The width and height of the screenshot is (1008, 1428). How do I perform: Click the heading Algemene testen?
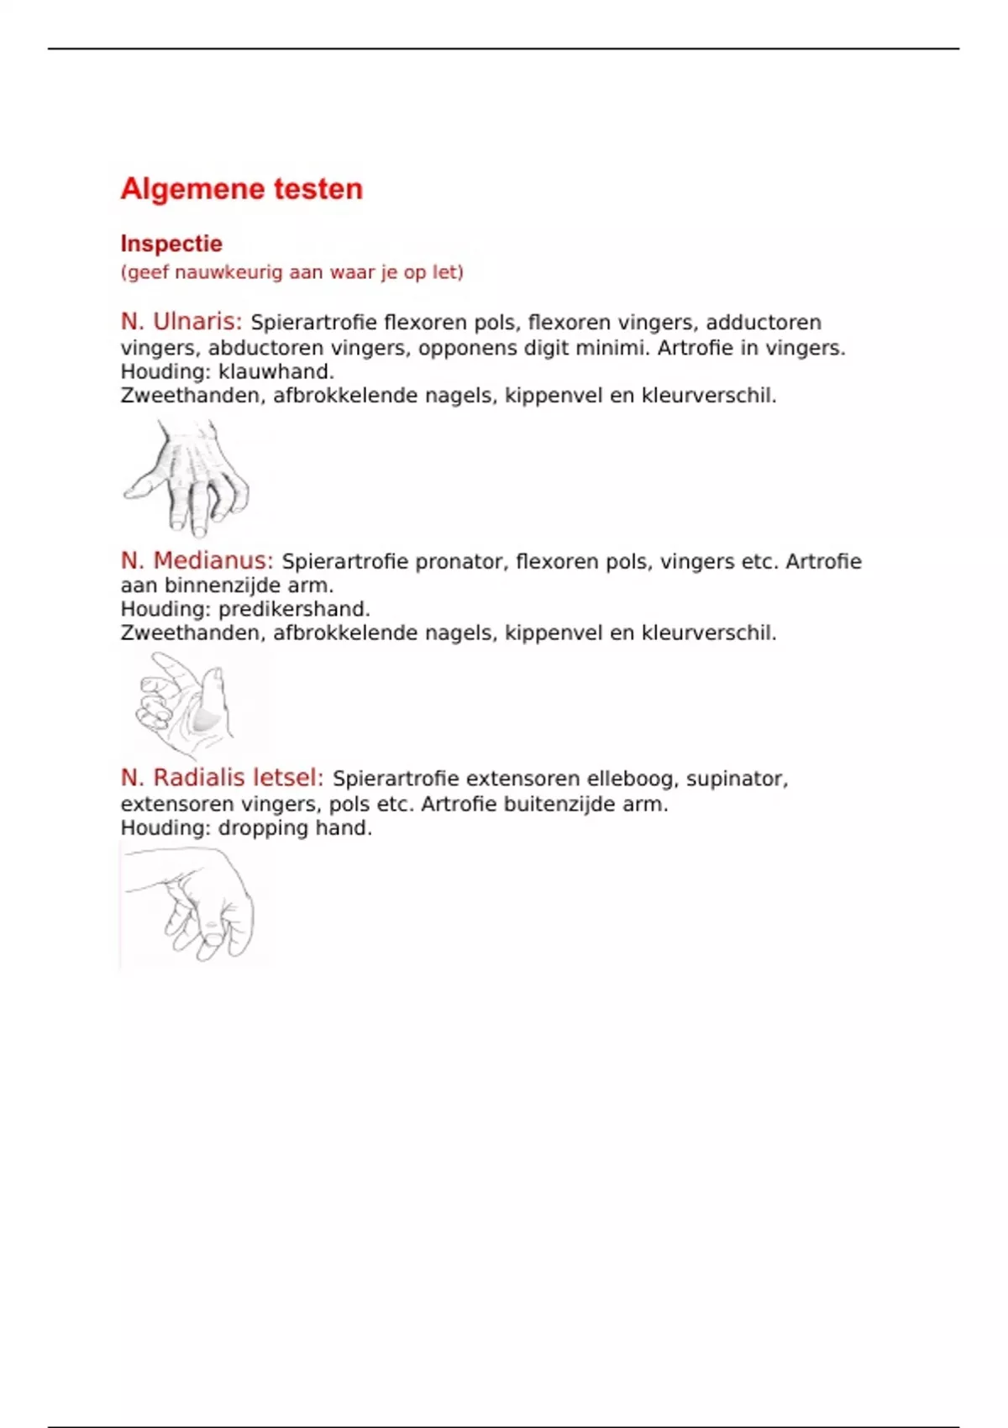242,189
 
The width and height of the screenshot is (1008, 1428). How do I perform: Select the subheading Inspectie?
171,244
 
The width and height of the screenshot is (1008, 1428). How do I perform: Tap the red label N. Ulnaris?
181,322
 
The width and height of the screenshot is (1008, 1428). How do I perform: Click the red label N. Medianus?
197,560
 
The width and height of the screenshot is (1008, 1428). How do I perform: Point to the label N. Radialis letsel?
222,778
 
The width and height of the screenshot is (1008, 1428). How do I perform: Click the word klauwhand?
276,371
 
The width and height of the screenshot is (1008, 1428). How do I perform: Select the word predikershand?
294,609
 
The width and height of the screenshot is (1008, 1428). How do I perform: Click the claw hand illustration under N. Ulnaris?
187,477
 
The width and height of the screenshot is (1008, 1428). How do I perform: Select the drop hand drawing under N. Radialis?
189,904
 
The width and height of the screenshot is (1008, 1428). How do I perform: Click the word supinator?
737,779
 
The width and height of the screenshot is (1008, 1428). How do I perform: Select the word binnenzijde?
223,585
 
